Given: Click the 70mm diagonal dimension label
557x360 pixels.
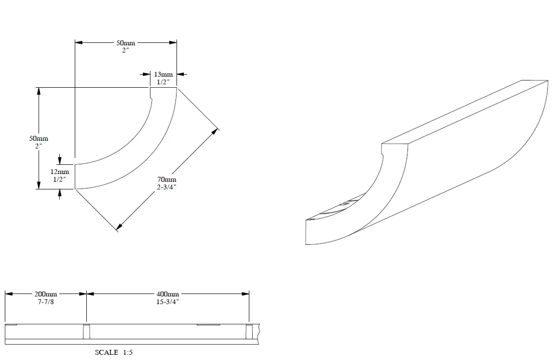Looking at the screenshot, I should [167, 180].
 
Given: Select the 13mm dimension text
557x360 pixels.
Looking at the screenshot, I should [163, 74].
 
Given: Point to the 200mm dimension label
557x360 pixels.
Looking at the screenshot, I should [46, 294].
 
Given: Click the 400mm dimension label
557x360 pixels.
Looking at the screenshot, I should [167, 294].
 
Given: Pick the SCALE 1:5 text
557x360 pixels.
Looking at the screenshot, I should [114, 352].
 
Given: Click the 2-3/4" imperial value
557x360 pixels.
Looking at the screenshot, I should [167, 187].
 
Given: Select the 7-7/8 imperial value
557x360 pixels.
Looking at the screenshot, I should [46, 301].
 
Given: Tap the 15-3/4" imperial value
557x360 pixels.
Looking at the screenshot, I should [167, 301].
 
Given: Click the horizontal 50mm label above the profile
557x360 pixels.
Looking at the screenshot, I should [125, 43].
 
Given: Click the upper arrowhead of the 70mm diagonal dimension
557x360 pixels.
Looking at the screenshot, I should [217, 131].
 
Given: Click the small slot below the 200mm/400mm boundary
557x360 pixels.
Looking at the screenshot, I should [86, 332].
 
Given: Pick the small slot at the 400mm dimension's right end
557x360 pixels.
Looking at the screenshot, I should [249, 332].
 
